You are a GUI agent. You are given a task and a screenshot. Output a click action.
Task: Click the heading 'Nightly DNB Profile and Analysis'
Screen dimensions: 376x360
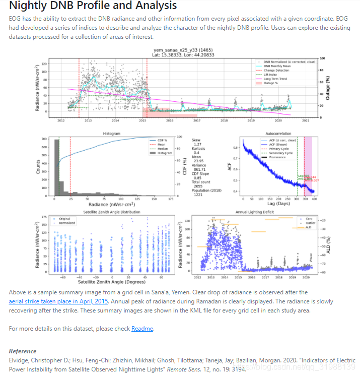[93, 6]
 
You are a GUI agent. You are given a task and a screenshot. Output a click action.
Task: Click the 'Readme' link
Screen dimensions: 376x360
[142, 329]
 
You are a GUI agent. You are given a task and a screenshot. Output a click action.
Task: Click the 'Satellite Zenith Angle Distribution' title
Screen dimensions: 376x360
[108, 212]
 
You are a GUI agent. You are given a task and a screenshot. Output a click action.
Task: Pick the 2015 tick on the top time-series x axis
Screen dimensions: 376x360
[143, 120]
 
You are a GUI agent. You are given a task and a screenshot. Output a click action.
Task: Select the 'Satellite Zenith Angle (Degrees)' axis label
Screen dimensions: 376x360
[109, 282]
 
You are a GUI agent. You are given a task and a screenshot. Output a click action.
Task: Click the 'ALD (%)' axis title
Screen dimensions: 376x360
[328, 246]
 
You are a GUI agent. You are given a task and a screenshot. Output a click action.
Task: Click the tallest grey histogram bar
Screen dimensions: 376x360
[56, 166]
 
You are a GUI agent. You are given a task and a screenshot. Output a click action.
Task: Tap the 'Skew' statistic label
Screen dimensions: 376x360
[197, 140]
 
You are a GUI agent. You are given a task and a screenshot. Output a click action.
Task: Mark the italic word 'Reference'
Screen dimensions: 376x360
[23, 351]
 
